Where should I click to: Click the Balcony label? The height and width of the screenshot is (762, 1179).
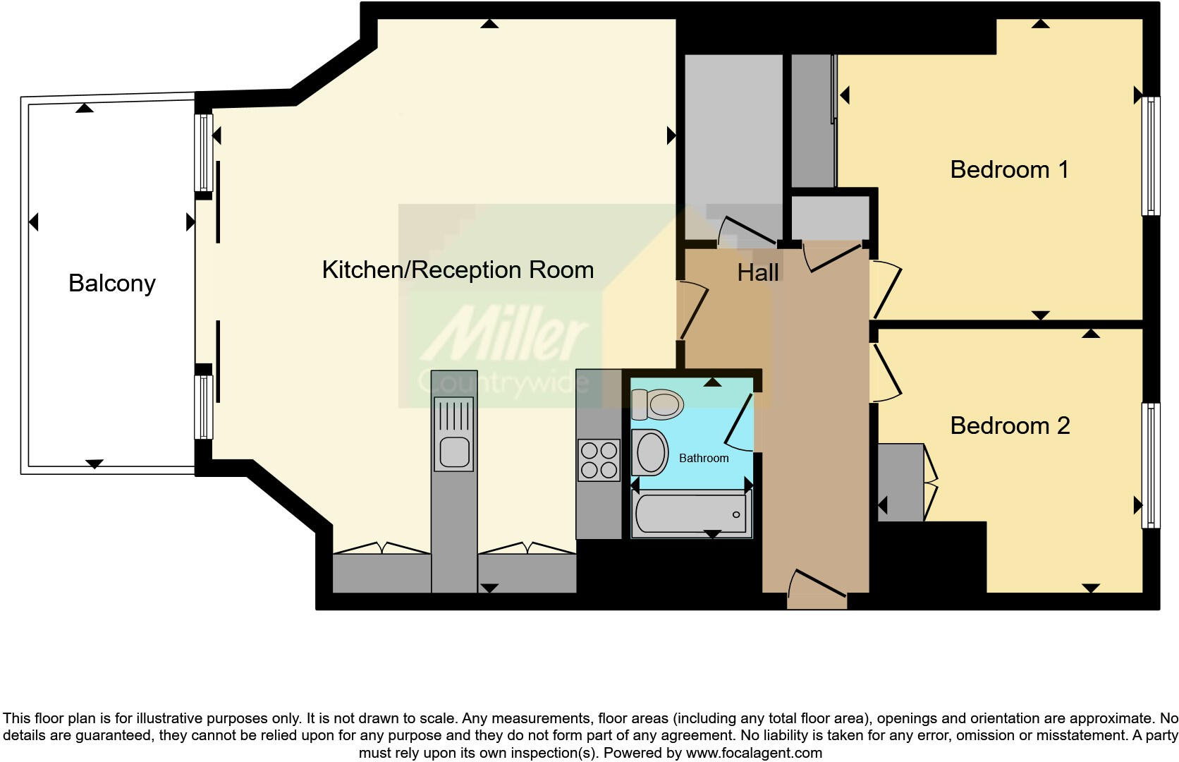(112, 283)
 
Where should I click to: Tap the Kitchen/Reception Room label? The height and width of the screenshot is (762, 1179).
(458, 270)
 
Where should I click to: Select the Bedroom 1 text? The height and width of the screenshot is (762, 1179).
(1009, 169)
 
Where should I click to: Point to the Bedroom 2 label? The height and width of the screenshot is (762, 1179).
(1010, 425)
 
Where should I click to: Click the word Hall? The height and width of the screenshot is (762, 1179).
(758, 272)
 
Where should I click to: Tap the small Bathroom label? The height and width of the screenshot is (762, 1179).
(704, 459)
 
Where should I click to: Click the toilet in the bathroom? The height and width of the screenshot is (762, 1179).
(659, 404)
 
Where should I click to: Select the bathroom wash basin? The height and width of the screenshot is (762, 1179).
(650, 452)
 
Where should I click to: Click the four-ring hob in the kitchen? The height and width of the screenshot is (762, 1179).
(599, 460)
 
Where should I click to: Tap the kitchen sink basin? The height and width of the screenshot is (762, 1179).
(454, 452)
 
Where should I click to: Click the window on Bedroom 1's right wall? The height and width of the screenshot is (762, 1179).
(1150, 155)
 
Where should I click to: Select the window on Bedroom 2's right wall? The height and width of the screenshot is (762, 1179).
(1150, 466)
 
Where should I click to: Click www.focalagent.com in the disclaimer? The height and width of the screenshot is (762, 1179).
(754, 753)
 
